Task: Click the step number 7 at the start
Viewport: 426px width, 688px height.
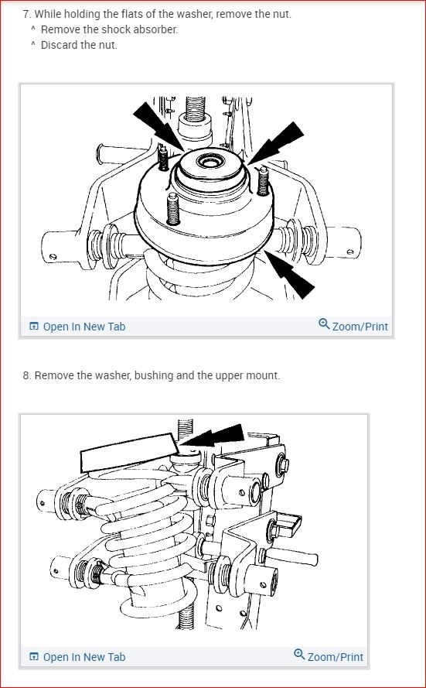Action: pos(26,15)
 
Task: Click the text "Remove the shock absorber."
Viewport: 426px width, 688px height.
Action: pos(109,29)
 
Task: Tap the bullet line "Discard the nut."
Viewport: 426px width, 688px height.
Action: pos(79,44)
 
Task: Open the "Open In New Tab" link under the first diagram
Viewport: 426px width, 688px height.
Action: pos(83,327)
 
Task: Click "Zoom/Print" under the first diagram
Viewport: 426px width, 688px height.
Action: pos(360,327)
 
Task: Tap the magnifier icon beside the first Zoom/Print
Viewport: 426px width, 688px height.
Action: pos(324,325)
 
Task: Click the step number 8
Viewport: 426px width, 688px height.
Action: pos(26,376)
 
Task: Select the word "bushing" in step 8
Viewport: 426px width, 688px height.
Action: pos(153,376)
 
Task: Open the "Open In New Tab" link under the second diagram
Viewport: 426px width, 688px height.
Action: pos(83,657)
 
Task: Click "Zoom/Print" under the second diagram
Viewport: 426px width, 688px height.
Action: pos(335,657)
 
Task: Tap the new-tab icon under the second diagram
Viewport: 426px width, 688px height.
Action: pos(34,657)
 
